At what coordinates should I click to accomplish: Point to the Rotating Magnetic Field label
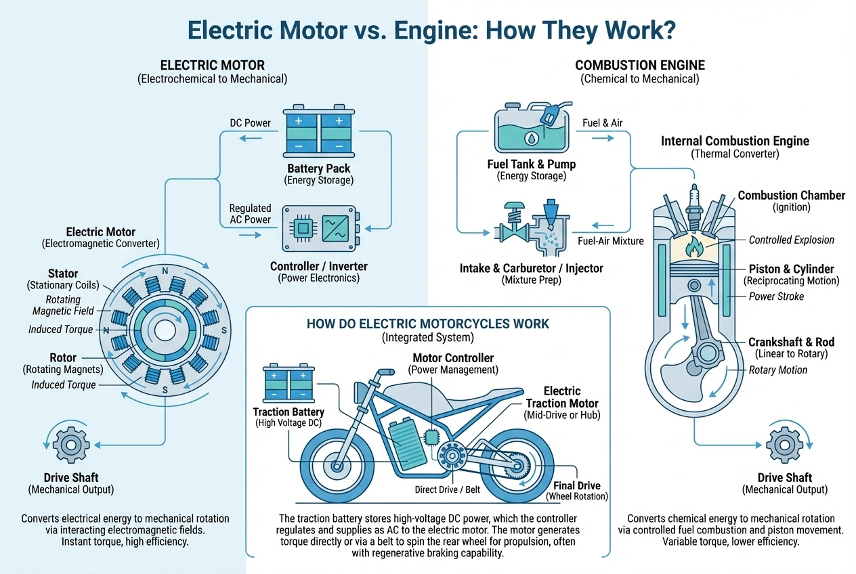pos(63,305)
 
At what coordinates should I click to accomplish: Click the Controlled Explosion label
pos(791,240)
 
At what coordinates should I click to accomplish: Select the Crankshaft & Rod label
pos(791,342)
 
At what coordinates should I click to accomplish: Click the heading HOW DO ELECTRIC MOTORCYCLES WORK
pos(428,324)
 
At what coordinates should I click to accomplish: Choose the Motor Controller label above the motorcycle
pos(453,357)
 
